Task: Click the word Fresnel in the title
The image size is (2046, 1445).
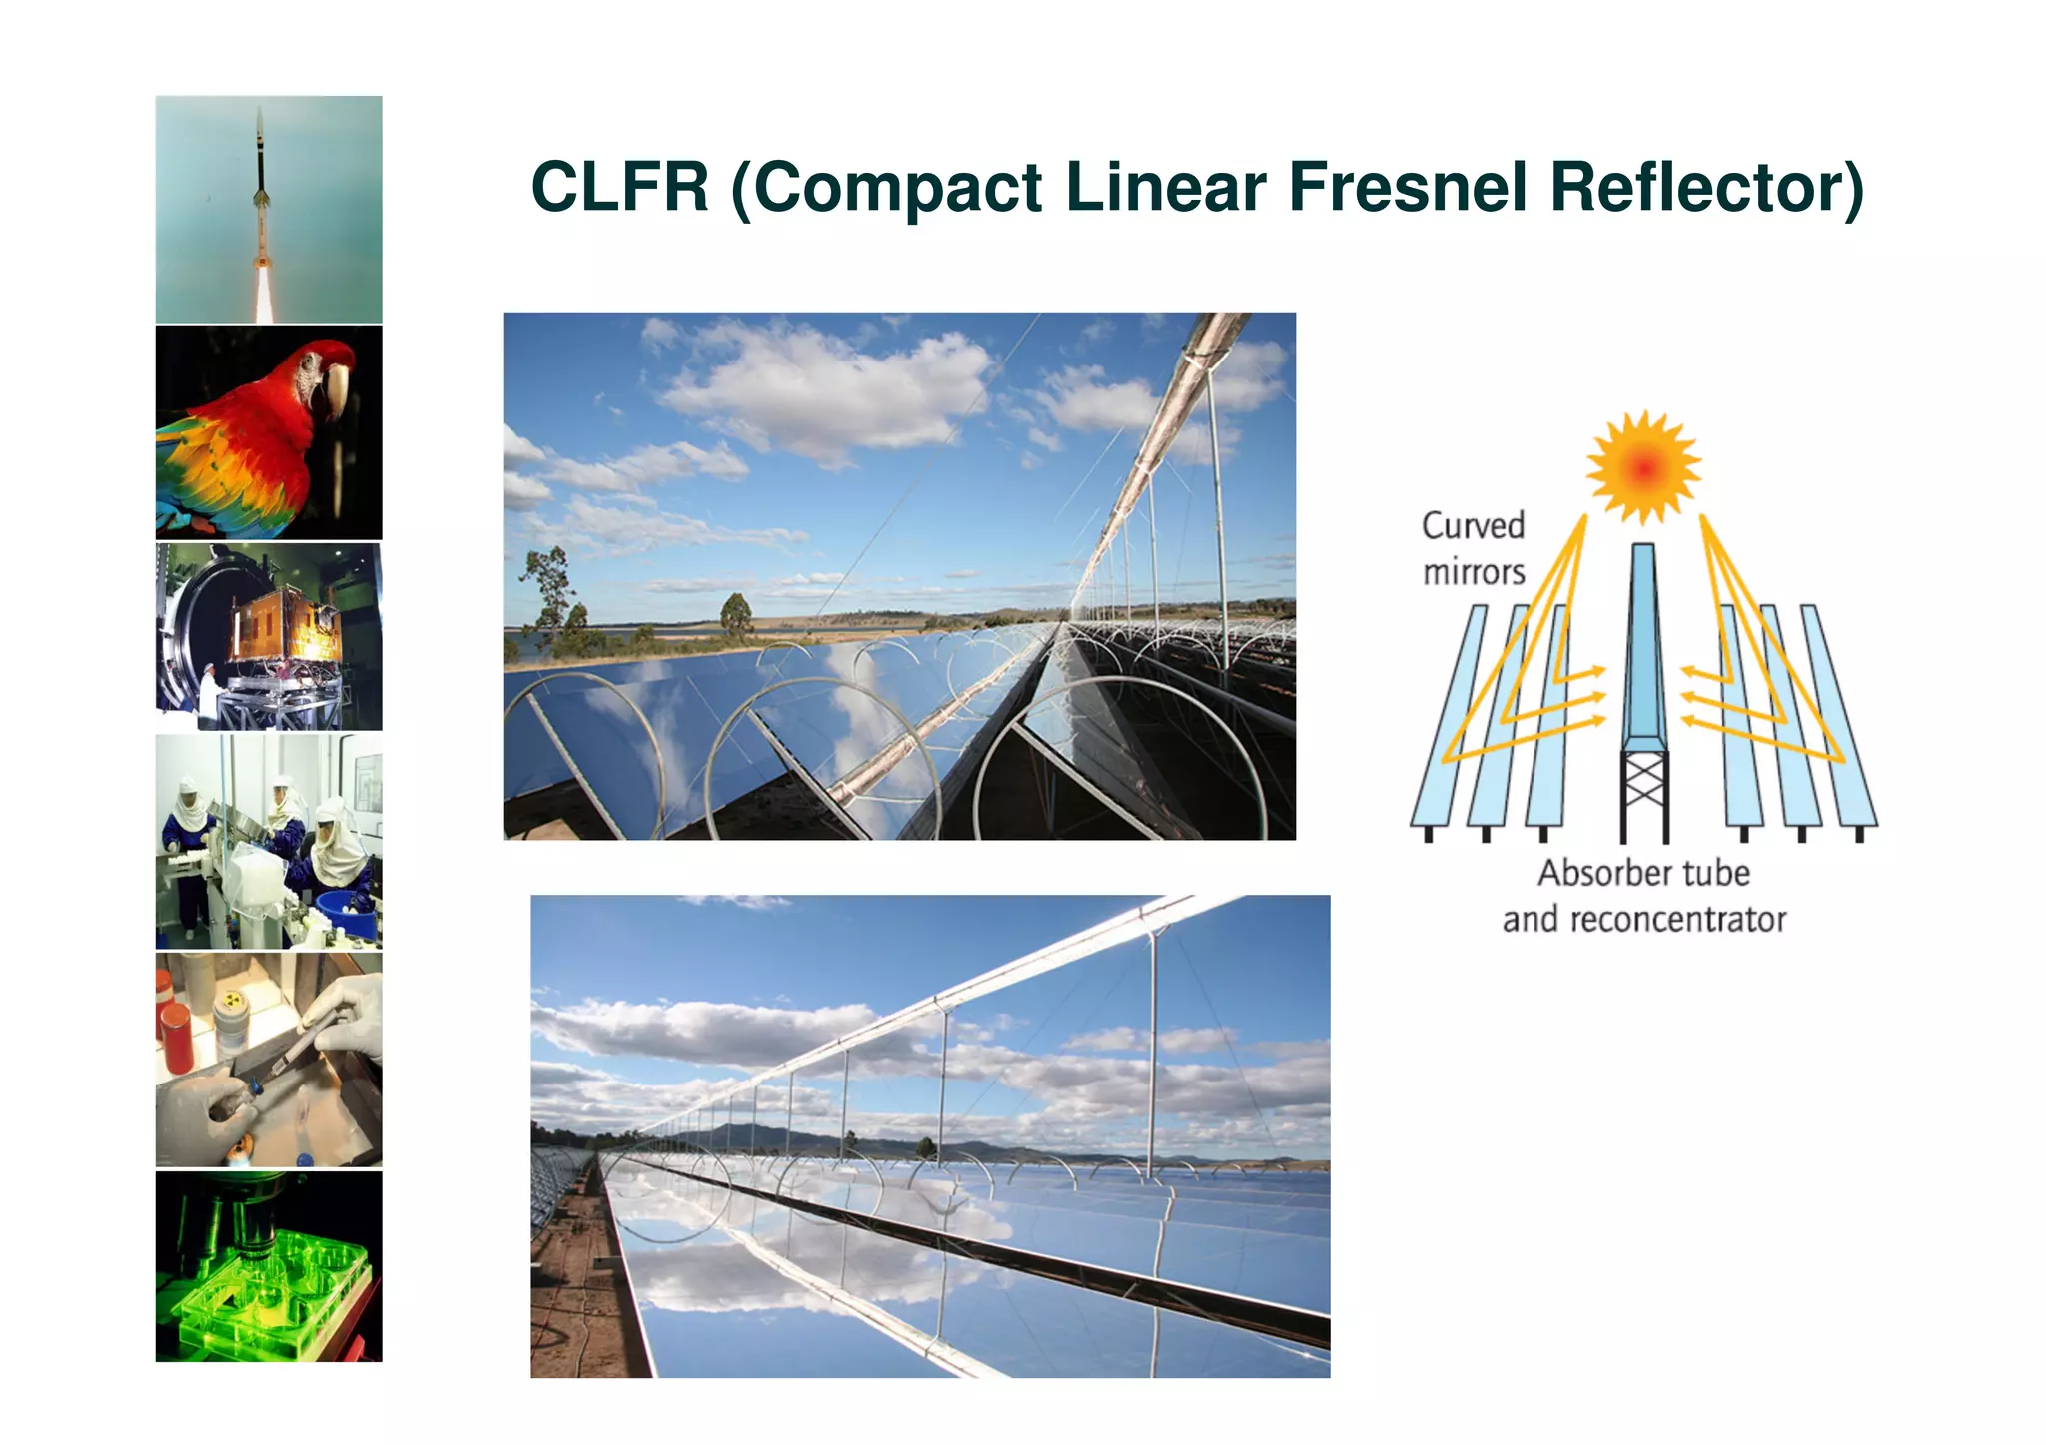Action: click(1408, 187)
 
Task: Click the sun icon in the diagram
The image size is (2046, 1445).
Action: click(1643, 466)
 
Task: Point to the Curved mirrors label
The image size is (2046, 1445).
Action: click(1474, 548)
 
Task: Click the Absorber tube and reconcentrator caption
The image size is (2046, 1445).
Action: click(1643, 896)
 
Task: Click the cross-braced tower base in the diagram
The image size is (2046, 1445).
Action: click(1643, 794)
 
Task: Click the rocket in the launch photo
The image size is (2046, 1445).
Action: click(261, 180)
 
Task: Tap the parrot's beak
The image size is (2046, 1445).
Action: click(335, 389)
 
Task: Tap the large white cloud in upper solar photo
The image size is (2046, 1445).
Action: click(829, 389)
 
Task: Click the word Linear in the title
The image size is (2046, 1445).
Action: click(1166, 187)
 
